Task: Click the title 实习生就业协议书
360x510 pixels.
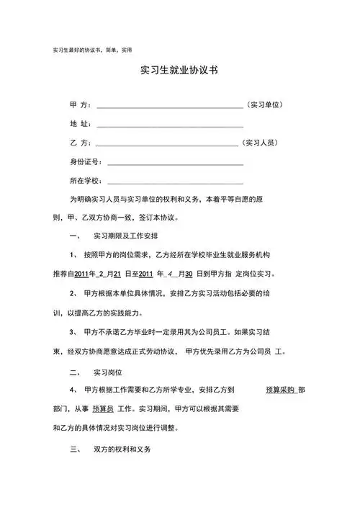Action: pyautogui.click(x=180, y=72)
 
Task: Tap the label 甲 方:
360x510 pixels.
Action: pyautogui.click(x=81, y=105)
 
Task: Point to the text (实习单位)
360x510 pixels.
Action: pyautogui.click(x=269, y=105)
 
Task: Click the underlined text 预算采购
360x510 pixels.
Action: pyautogui.click(x=280, y=390)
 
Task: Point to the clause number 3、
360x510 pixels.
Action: pyautogui.click(x=74, y=332)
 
